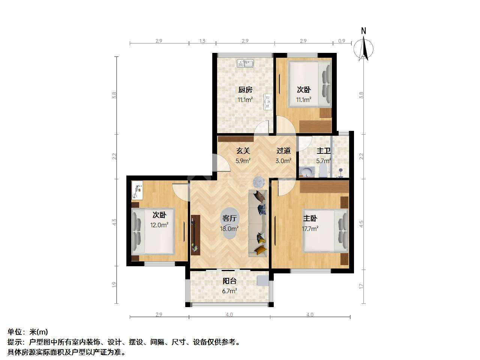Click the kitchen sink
[x=245, y=63]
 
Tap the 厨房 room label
[x=245, y=90]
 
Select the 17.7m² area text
[x=310, y=229]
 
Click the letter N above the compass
[x=363, y=31]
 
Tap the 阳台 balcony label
[x=229, y=281]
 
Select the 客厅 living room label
[x=229, y=218]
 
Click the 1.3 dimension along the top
[x=202, y=41]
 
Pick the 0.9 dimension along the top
[x=342, y=41]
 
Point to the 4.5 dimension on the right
[x=361, y=224]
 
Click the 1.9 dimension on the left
[x=114, y=284]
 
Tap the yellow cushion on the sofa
[x=261, y=250]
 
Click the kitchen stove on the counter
[x=268, y=102]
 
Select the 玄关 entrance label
[x=243, y=151]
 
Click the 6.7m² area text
[x=229, y=291]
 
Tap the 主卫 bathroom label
[x=323, y=151]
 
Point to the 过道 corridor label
[x=283, y=151]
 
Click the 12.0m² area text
[x=159, y=225]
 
